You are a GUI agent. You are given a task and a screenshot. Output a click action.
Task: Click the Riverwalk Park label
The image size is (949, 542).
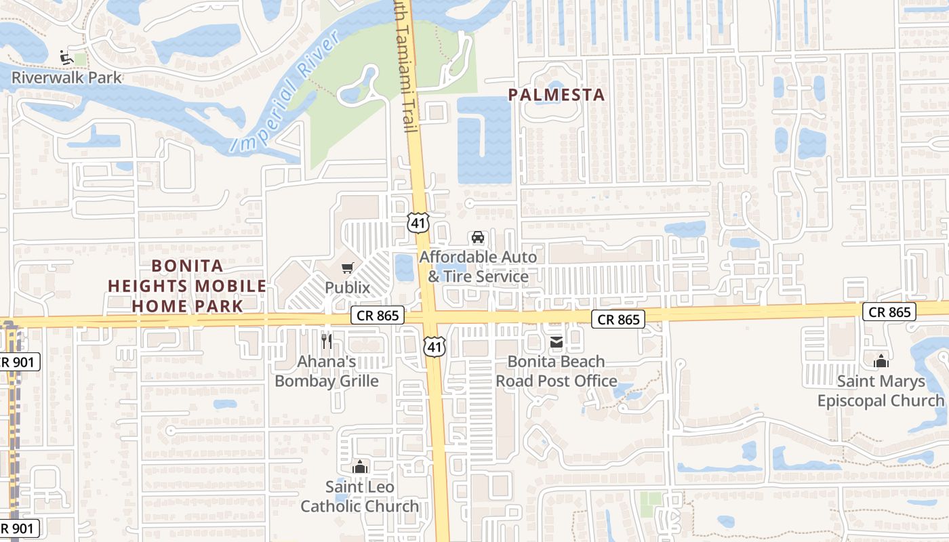tap(66, 77)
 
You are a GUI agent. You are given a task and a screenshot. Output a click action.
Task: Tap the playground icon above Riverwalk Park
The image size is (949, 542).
tap(66, 58)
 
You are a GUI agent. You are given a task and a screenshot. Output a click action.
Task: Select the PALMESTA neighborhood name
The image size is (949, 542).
tap(556, 95)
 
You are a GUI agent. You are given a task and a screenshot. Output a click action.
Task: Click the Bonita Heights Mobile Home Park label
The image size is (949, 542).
tap(187, 286)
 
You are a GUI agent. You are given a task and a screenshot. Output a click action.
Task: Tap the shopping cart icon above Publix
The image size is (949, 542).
tap(347, 268)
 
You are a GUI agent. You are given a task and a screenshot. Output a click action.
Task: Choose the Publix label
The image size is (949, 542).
tap(347, 287)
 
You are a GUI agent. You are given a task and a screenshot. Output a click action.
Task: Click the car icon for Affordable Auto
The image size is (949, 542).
tap(478, 238)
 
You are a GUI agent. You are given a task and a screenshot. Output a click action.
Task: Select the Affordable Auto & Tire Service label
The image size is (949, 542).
tap(478, 267)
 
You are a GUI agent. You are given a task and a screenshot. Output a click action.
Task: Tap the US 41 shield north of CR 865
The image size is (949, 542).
tap(418, 222)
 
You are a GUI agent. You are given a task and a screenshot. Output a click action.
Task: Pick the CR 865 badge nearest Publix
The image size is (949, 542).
tap(378, 315)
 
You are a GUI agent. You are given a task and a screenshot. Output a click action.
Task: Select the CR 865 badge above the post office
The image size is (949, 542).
tap(619, 319)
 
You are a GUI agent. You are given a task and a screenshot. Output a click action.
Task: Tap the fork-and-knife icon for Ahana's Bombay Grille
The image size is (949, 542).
tap(327, 341)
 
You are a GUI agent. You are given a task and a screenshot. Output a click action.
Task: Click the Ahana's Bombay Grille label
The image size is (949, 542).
tap(327, 371)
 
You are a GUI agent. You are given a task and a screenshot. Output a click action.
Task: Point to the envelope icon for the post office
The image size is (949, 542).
tap(557, 342)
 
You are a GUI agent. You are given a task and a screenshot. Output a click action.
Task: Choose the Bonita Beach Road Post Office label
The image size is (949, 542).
tap(557, 371)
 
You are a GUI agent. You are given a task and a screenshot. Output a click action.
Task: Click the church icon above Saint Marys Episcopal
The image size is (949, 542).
tap(881, 361)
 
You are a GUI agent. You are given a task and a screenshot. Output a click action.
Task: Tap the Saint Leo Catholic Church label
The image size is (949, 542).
tap(360, 496)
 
